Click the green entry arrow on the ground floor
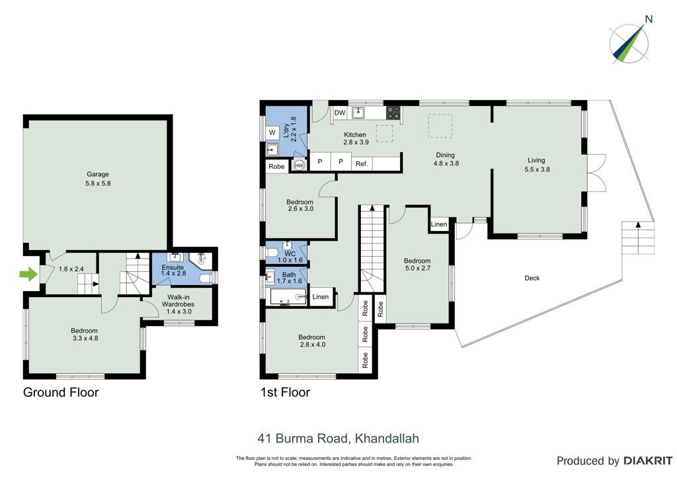pyautogui.click(x=28, y=274)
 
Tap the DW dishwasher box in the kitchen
pyautogui.click(x=340, y=112)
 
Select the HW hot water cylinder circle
pyautogui.click(x=299, y=165)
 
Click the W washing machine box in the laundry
pyautogui.click(x=272, y=132)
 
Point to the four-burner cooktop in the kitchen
pyautogui.click(x=393, y=112)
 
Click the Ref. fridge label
pyautogui.click(x=362, y=163)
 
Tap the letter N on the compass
pyautogui.click(x=649, y=19)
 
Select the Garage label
pyautogui.click(x=98, y=174)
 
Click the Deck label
pyautogui.click(x=532, y=278)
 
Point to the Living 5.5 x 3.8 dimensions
pyautogui.click(x=537, y=169)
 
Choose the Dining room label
pyautogui.click(x=445, y=155)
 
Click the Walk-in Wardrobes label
pyautogui.click(x=178, y=300)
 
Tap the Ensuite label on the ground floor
pyautogui.click(x=173, y=267)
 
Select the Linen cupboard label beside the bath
pyautogui.click(x=321, y=297)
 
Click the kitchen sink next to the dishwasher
pyautogui.click(x=358, y=113)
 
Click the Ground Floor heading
pyautogui.click(x=61, y=392)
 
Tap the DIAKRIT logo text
pyautogui.click(x=647, y=461)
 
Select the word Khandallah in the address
pyautogui.click(x=387, y=439)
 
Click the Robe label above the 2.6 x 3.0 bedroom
pyautogui.click(x=276, y=166)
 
